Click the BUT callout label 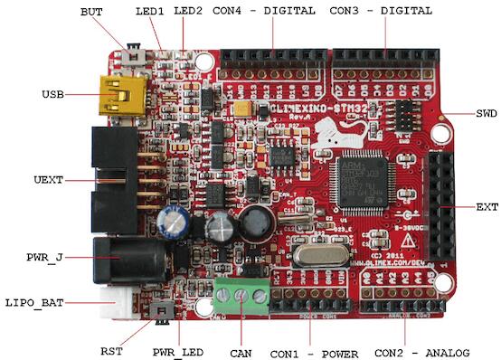pos(92,12)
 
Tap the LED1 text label pos(149,12)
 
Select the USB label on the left pos(52,94)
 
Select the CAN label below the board pos(241,351)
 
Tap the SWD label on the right pos(486,114)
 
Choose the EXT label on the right pos(487,207)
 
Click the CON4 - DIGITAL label pos(263,12)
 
